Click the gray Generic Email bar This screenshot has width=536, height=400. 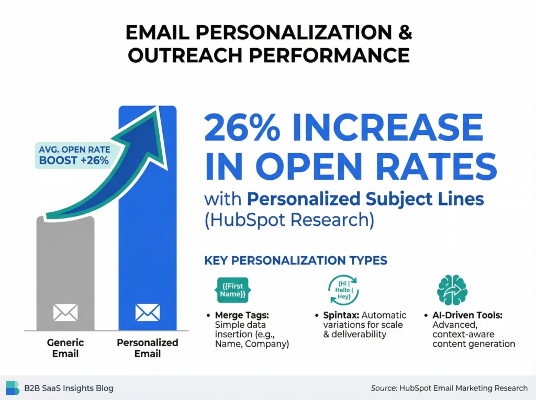(65, 272)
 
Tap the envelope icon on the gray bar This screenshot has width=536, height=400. (65, 313)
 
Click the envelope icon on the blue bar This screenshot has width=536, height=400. (148, 313)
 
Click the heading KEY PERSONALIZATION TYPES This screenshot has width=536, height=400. (295, 260)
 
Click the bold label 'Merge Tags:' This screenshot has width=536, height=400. (236, 315)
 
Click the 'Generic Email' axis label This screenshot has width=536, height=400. (65, 348)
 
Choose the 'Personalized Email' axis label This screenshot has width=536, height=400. (148, 348)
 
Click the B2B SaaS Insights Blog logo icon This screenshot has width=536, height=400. (12, 388)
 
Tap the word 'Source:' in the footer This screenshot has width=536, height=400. (383, 388)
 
